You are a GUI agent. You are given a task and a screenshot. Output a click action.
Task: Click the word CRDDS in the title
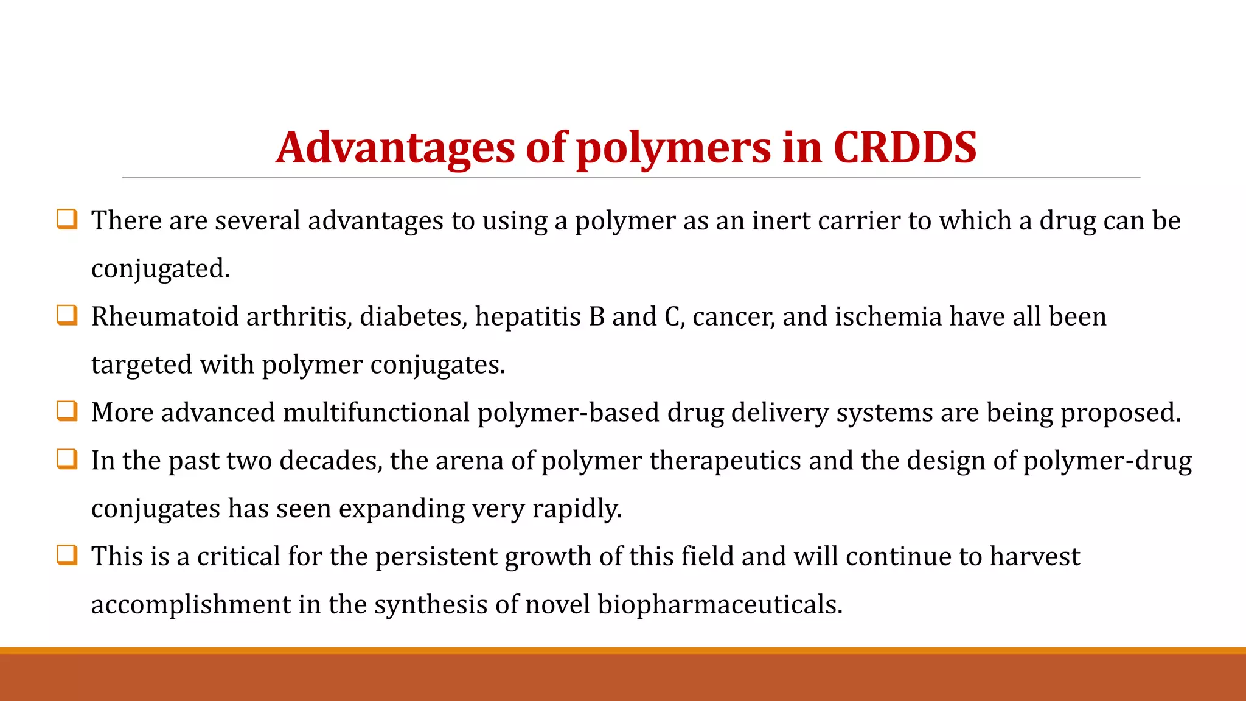coord(904,148)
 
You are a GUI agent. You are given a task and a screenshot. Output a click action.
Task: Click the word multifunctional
coord(376,413)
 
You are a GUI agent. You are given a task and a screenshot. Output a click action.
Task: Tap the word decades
coord(331,461)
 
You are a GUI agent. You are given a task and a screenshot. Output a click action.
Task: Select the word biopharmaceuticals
coord(720,605)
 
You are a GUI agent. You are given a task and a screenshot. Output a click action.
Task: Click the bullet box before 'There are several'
coord(67,218)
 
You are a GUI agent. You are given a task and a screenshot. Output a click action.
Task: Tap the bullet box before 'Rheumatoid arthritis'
coord(67,315)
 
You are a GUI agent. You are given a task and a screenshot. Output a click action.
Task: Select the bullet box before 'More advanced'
coord(67,411)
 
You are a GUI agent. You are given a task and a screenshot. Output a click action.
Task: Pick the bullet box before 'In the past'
coord(67,459)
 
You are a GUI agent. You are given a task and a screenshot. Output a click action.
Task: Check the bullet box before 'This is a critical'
coord(67,555)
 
